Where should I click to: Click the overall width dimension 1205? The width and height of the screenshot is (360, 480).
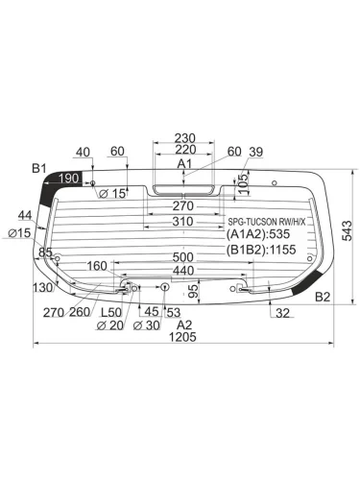click(182, 337)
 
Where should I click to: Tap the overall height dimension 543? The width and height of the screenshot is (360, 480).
click(347, 230)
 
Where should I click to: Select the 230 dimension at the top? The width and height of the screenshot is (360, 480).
click(184, 138)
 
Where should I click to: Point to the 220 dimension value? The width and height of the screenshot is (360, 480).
click(185, 150)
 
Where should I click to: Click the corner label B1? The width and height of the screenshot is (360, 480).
click(39, 168)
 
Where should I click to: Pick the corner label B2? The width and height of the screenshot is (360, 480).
click(323, 297)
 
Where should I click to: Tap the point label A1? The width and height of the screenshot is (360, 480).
click(184, 164)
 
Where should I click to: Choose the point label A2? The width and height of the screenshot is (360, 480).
click(184, 325)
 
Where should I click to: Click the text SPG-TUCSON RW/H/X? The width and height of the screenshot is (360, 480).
click(267, 222)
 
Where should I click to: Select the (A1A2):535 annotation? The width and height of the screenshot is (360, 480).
click(258, 234)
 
